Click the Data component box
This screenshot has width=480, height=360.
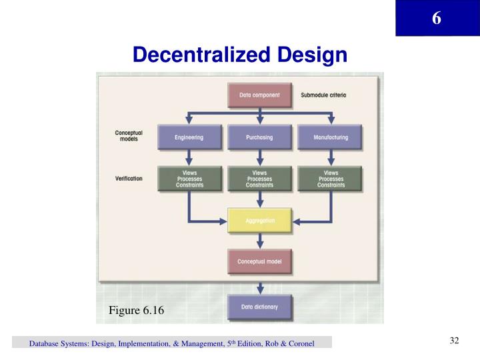pos(260,95)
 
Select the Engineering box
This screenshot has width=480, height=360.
pos(189,137)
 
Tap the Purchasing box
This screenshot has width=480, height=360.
pos(260,137)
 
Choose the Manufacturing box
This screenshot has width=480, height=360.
pos(331,137)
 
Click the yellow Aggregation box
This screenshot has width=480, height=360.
pos(260,220)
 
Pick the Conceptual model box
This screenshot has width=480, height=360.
pos(260,262)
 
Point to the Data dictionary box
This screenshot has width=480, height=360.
pos(260,307)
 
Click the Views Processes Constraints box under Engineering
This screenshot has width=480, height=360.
pos(189,179)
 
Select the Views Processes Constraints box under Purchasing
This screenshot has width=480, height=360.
pos(260,179)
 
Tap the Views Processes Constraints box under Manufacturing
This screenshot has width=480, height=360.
pos(331,179)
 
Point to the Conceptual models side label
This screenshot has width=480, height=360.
pos(129,137)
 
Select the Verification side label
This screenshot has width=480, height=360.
pos(129,179)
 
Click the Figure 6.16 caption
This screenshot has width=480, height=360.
pos(136,311)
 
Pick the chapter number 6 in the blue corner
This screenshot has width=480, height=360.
pos(436,18)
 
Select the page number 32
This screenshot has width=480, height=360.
pos(455,341)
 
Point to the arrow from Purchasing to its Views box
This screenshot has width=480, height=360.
pos(260,158)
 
